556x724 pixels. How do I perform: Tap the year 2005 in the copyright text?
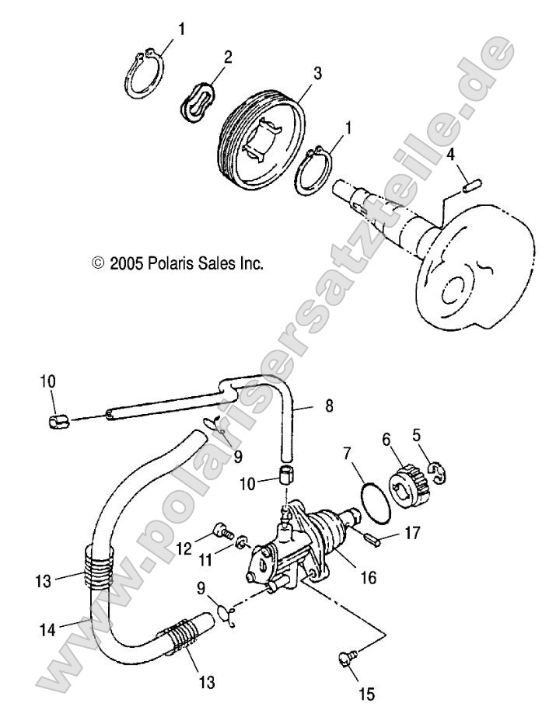124,263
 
